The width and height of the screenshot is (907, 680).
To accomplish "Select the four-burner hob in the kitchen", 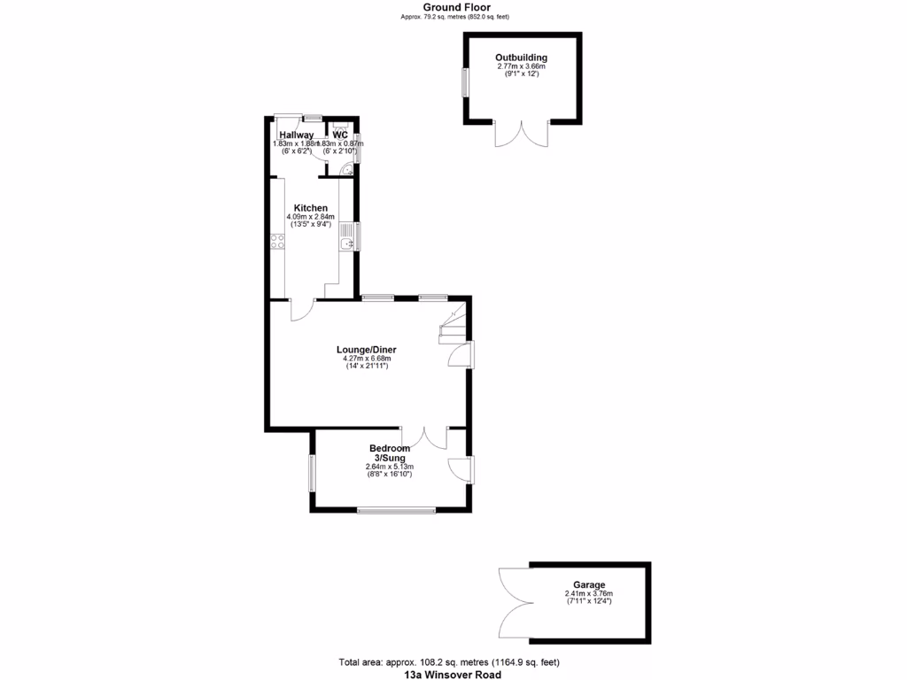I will click(277, 241).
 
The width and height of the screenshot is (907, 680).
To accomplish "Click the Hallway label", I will click(291, 135).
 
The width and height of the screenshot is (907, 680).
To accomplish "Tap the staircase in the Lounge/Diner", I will click(453, 325).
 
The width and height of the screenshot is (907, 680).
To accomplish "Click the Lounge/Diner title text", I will click(366, 350).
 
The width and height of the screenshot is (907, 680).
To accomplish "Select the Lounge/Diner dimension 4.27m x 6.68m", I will click(366, 359).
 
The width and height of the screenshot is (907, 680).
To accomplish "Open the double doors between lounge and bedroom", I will click(424, 437).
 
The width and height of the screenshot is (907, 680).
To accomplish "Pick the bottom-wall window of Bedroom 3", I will click(396, 509).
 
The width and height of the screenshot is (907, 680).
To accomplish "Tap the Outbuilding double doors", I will click(521, 134).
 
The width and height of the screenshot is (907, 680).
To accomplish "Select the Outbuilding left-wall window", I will click(463, 82).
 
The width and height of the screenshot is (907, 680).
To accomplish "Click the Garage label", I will click(589, 585).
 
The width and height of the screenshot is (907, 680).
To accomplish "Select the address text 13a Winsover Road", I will click(453, 675).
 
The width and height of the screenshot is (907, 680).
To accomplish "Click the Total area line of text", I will click(448, 662).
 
